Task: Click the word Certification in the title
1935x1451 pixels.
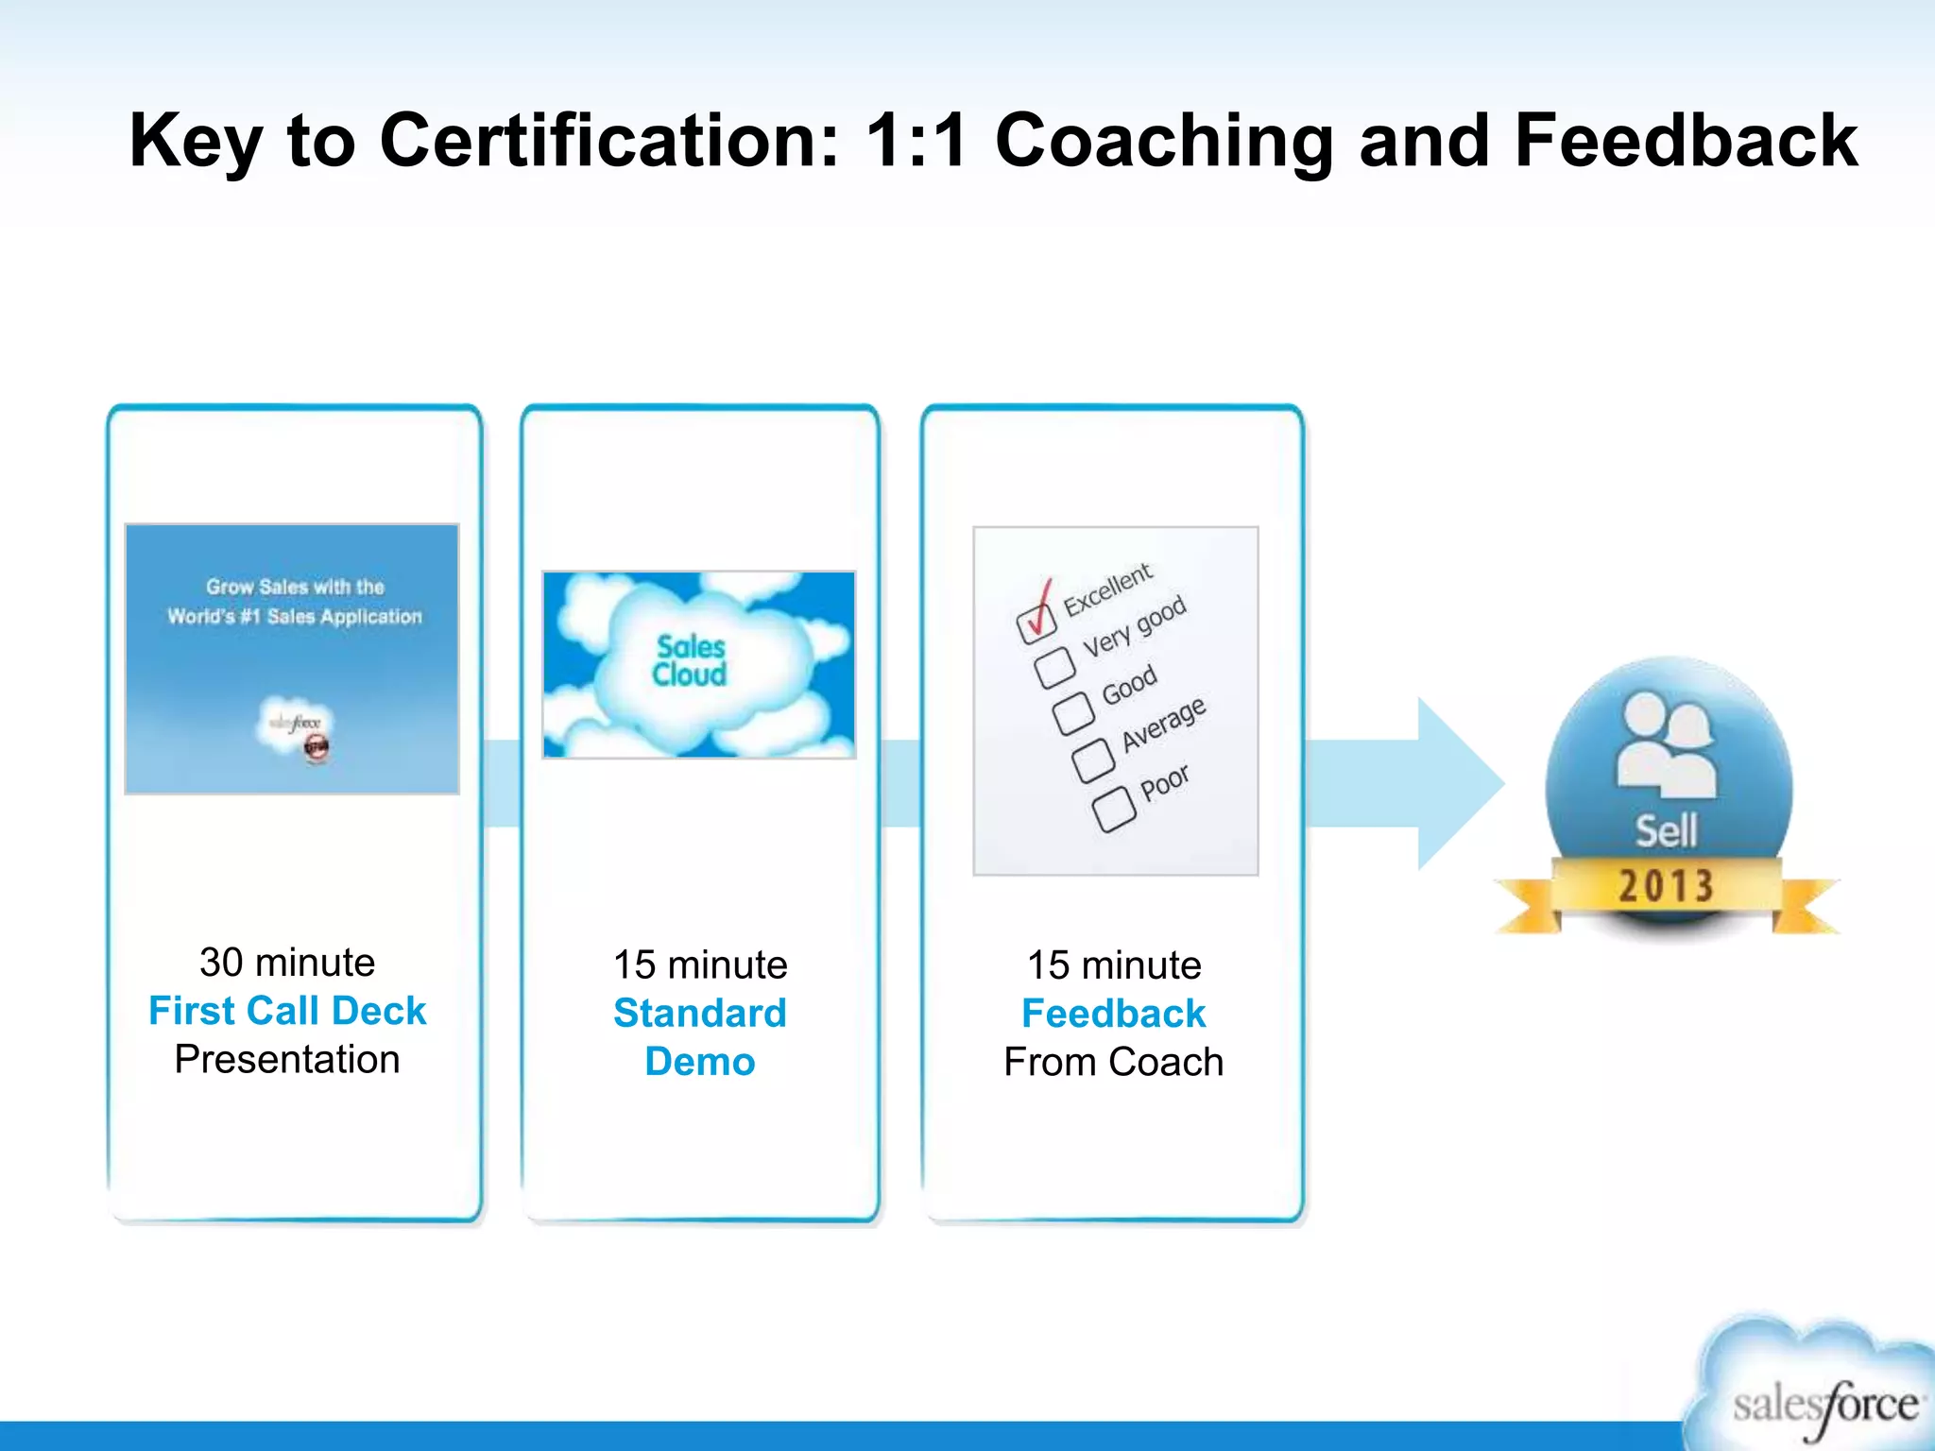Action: point(609,142)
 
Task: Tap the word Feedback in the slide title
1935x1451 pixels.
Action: point(1687,142)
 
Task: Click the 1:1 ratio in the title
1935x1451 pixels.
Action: point(916,142)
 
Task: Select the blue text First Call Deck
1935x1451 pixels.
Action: point(287,1011)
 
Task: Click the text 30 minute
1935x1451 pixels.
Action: point(287,963)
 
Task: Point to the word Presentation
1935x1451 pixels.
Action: point(287,1060)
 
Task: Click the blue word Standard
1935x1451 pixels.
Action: point(700,1014)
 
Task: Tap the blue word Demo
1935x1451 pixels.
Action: point(700,1062)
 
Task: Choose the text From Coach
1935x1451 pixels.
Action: point(1113,1063)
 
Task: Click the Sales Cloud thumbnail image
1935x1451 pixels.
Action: point(699,664)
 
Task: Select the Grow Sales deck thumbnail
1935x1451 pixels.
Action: point(292,658)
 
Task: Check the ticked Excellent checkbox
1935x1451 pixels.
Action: point(1036,621)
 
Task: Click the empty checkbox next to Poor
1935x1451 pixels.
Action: point(1114,810)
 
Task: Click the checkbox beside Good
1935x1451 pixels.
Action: point(1074,713)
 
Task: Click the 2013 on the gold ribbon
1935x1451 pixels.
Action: point(1666,886)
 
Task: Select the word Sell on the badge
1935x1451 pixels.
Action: point(1667,831)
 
